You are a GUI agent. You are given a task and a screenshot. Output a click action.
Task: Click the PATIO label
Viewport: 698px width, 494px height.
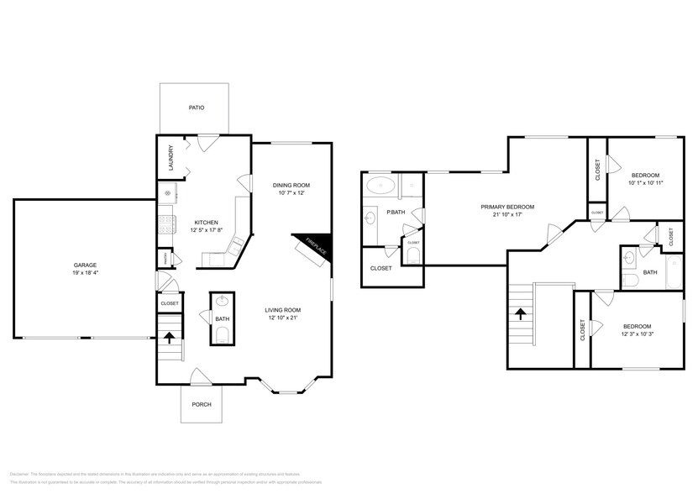[196, 108]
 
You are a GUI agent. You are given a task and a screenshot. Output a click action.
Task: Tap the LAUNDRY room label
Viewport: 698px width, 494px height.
[171, 159]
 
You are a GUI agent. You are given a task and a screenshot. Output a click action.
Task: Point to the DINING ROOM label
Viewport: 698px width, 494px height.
[291, 185]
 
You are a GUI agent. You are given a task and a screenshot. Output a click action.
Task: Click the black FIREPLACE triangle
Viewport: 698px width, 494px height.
[318, 244]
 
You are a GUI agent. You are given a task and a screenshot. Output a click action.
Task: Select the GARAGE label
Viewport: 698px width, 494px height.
[85, 265]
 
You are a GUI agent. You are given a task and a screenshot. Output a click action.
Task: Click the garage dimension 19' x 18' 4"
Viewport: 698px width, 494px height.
[85, 274]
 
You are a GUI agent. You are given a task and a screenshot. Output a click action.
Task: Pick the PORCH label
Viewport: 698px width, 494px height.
[202, 404]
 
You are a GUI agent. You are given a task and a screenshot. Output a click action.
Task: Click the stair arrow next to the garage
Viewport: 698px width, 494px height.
[170, 339]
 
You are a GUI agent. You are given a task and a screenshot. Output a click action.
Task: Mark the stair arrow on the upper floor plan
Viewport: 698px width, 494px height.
[521, 314]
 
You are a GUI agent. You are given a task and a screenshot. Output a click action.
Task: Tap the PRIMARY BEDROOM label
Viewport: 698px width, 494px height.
[507, 207]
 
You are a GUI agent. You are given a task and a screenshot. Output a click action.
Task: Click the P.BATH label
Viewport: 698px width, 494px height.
[396, 212]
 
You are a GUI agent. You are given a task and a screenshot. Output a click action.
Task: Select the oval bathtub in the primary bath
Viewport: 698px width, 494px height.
[382, 186]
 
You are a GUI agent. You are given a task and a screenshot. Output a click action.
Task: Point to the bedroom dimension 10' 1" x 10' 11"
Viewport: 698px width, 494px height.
[646, 182]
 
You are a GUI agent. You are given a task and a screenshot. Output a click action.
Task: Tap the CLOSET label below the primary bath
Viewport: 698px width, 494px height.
[381, 268]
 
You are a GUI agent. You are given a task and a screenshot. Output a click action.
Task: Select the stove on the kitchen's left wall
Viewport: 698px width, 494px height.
[166, 223]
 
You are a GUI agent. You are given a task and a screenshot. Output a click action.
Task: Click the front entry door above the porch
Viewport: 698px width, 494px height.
[202, 377]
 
